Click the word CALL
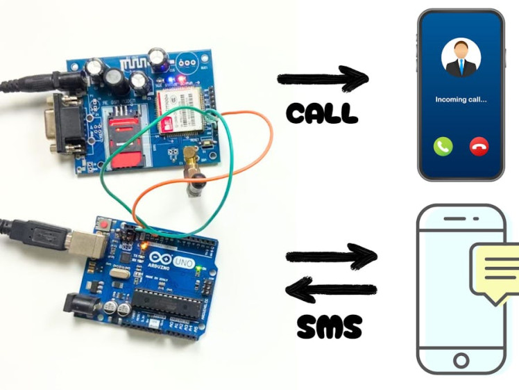[322, 113]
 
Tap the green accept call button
[443, 146]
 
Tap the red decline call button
[479, 146]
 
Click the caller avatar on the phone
[461, 58]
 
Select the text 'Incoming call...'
[461, 99]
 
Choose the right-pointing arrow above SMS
[331, 257]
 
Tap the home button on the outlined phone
[461, 361]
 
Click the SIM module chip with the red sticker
[177, 112]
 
